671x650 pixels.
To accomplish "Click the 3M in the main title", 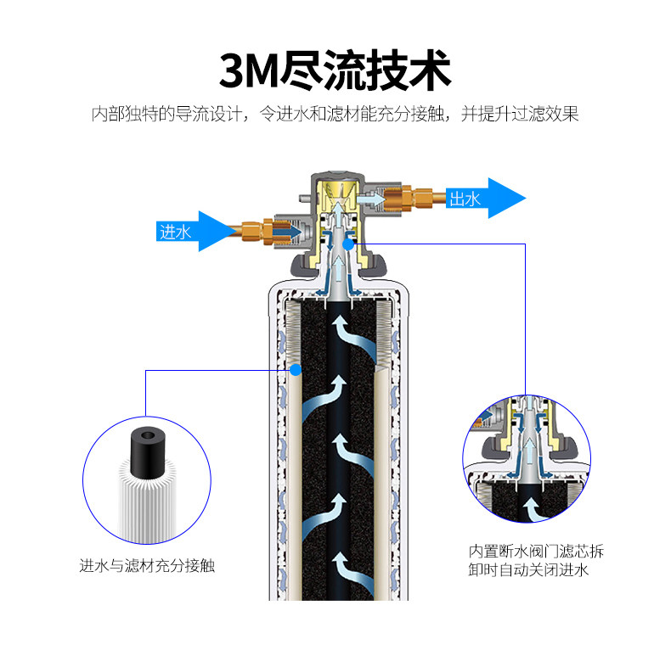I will click(x=249, y=70).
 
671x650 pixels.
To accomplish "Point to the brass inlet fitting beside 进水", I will click(x=258, y=229).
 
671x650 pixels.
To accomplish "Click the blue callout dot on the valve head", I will click(x=348, y=244).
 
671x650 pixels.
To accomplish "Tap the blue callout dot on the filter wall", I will click(x=296, y=369).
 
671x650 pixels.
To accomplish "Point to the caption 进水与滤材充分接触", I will click(x=147, y=564).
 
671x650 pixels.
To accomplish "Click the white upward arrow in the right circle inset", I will click(x=532, y=508).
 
